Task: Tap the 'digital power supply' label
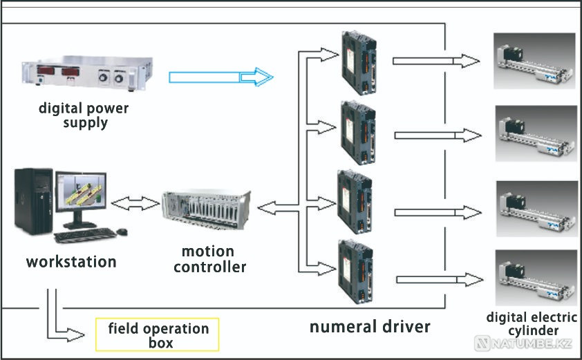pyautogui.click(x=84, y=115)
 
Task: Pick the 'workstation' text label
pyautogui.click(x=71, y=263)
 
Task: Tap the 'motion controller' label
pyautogui.click(x=209, y=258)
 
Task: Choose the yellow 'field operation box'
pyautogui.click(x=158, y=335)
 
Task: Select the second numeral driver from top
pyautogui.click(x=359, y=132)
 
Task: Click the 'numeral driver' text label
pyautogui.click(x=370, y=325)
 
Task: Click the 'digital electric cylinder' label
pyautogui.click(x=531, y=324)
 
